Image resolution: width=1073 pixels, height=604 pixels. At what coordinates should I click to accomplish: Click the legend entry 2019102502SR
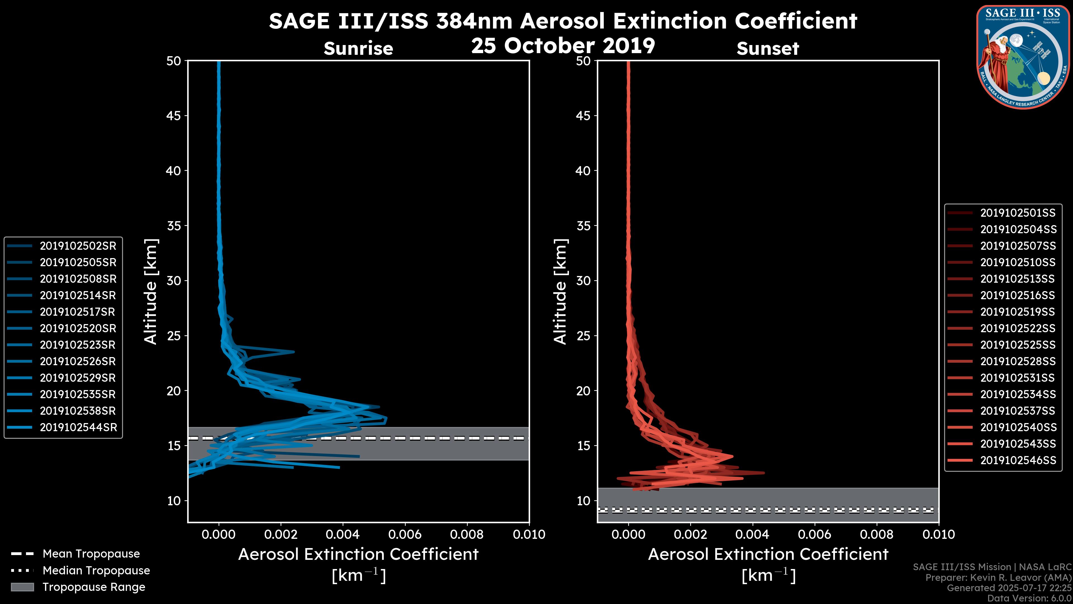pos(78,246)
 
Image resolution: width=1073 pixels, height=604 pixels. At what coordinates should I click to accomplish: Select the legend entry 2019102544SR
pos(78,427)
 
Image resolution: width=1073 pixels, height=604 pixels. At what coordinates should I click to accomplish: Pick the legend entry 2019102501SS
pos(1018,213)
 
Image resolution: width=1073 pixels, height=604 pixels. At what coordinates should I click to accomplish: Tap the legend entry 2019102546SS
pos(1018,460)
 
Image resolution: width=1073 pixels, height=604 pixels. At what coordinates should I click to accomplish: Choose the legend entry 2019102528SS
pos(1018,361)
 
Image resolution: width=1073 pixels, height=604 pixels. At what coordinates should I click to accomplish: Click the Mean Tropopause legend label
pos(91,554)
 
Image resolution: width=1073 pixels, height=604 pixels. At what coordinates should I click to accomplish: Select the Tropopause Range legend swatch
pos(22,587)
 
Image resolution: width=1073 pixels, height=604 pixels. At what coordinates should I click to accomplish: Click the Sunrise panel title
pos(358,48)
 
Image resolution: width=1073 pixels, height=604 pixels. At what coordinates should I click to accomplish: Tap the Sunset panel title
pos(768,48)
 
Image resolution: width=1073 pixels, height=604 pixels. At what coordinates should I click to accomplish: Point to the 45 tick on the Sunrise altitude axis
pos(174,115)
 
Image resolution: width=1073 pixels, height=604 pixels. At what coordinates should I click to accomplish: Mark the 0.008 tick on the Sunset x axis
pos(877,534)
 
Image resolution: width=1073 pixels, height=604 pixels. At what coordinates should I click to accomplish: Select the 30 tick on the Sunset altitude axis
pos(583,280)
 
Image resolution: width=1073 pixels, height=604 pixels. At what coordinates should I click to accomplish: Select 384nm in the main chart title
pos(474,21)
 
